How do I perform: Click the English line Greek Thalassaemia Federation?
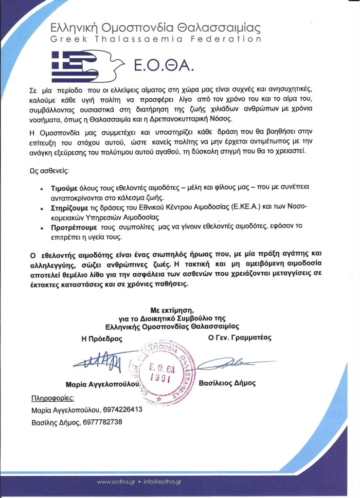(x=156, y=39)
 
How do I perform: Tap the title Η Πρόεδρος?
(x=102, y=338)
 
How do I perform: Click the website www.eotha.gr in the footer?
(x=116, y=482)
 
